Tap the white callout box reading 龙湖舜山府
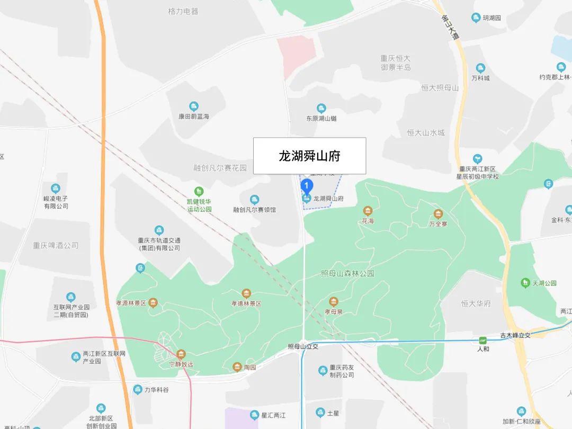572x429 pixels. (x=309, y=156)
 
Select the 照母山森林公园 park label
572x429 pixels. (x=347, y=274)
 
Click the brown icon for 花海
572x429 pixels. (x=368, y=211)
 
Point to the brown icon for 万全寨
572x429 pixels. (x=439, y=214)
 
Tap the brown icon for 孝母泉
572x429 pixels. (x=333, y=301)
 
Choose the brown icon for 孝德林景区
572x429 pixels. (x=246, y=293)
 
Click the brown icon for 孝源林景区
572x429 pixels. (x=153, y=303)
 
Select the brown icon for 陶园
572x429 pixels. (x=237, y=367)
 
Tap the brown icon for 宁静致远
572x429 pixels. (x=181, y=354)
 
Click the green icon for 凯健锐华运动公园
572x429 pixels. (x=199, y=191)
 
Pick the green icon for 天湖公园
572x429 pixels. (x=525, y=283)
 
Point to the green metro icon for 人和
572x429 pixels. (x=483, y=341)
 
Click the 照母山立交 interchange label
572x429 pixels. (x=303, y=346)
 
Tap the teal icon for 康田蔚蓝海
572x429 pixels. (x=194, y=106)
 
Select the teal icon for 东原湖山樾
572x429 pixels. (x=321, y=109)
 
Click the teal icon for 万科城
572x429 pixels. (x=480, y=68)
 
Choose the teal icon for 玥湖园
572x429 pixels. (x=476, y=18)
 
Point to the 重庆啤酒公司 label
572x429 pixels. (x=56, y=245)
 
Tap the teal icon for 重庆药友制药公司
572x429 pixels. (x=323, y=371)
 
